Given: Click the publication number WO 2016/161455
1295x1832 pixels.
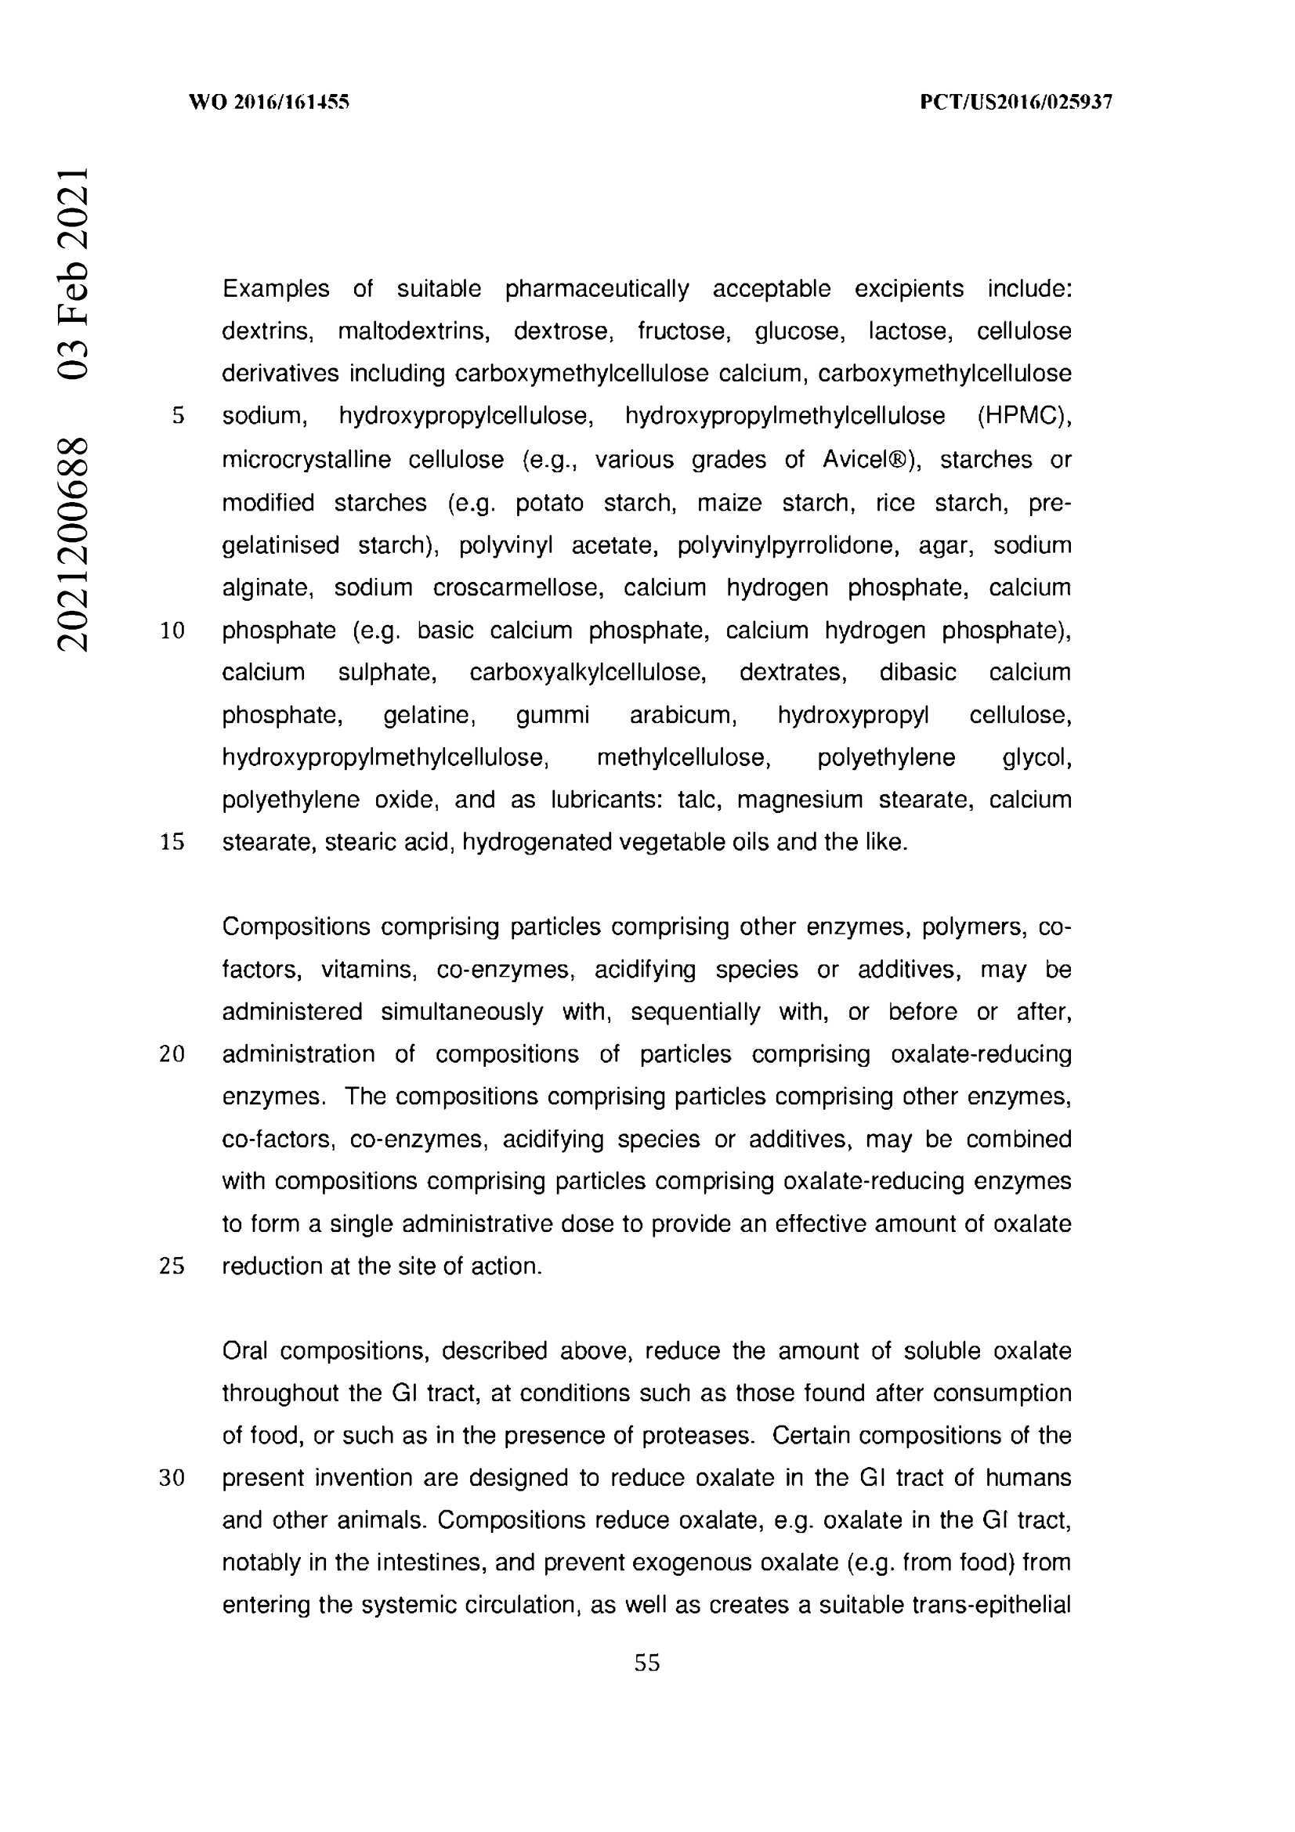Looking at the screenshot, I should tap(269, 102).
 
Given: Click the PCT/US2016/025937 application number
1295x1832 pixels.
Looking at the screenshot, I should tap(1016, 102).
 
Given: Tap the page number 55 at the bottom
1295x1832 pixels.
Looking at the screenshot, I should tap(647, 1663).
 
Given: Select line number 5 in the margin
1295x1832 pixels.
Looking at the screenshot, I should tap(178, 416).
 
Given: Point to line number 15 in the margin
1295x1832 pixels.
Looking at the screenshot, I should tap(172, 842).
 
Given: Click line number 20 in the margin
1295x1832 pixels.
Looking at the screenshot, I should tap(172, 1054).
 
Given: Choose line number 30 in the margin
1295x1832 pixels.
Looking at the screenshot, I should tap(172, 1479).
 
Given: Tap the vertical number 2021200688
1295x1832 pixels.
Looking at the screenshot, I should tap(73, 544).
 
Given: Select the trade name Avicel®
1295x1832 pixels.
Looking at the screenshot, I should tap(870, 460).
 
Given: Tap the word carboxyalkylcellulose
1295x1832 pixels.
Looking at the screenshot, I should tap(588, 673).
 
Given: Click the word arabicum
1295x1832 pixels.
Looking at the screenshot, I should tap(683, 715).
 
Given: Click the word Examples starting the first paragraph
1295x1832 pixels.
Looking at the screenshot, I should tap(275, 289).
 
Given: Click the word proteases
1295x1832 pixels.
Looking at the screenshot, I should tap(697, 1436).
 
